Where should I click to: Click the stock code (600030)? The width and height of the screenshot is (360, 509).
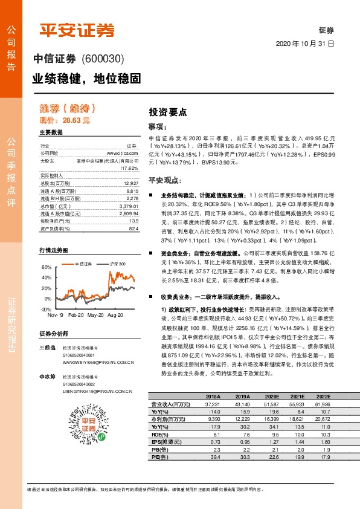[x=102, y=59]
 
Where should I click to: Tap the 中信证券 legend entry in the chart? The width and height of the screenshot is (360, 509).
[x=84, y=264]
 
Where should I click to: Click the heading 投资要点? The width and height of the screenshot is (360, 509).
[x=168, y=112]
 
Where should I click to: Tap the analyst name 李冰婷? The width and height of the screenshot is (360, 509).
[x=47, y=376]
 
